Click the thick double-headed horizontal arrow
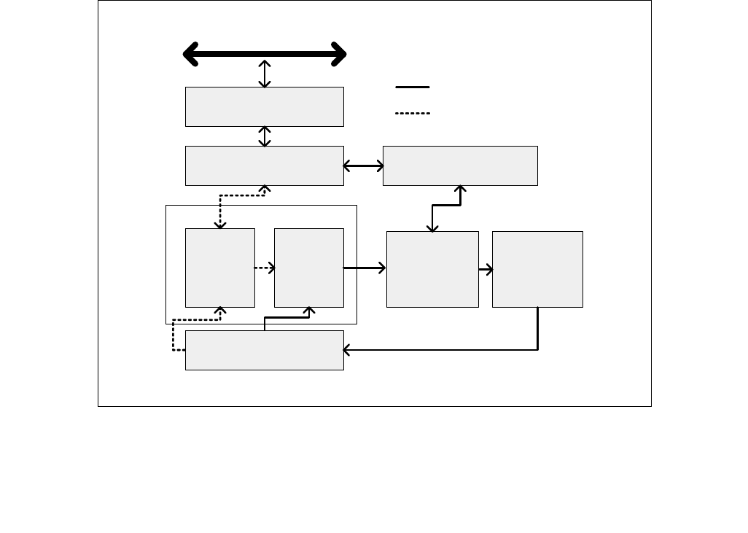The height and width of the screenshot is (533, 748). click(264, 54)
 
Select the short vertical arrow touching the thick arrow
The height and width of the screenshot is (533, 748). click(265, 74)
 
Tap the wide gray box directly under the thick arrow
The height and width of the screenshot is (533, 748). click(264, 106)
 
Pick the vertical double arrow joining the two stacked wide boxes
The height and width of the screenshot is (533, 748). click(265, 136)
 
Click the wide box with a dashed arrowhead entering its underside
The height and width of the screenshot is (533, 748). click(264, 166)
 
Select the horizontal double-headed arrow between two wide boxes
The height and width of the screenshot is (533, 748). click(363, 166)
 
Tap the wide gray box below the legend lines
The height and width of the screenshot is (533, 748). click(460, 166)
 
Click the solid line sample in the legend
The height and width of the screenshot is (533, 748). click(413, 87)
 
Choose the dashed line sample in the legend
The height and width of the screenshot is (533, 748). click(413, 113)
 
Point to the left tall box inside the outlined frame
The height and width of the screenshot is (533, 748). click(219, 268)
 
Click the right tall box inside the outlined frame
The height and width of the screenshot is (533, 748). click(308, 268)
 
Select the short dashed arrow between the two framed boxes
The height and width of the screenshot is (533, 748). click(264, 268)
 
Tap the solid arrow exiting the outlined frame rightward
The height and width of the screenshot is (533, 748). click(365, 268)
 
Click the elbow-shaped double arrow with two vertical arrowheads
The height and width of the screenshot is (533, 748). click(446, 206)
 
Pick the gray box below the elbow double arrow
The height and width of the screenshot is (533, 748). click(432, 269)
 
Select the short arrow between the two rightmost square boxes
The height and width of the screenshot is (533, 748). click(486, 270)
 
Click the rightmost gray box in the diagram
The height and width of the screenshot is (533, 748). click(537, 269)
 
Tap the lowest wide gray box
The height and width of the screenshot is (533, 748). click(264, 350)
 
